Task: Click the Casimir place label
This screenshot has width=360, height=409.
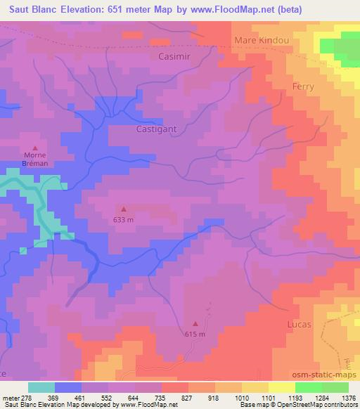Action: point(175,56)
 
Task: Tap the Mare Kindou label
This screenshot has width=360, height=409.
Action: point(262,40)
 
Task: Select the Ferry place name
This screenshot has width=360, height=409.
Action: point(303,86)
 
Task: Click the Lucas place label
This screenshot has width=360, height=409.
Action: point(299,325)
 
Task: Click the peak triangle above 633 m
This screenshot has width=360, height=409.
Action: point(124,208)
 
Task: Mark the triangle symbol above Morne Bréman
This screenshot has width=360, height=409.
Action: point(35,148)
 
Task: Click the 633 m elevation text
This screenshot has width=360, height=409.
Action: point(124,219)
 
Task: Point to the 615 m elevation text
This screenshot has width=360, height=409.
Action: point(195,335)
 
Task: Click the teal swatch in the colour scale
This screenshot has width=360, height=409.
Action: point(41,387)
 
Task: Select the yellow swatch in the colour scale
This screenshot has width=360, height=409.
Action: point(282,387)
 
